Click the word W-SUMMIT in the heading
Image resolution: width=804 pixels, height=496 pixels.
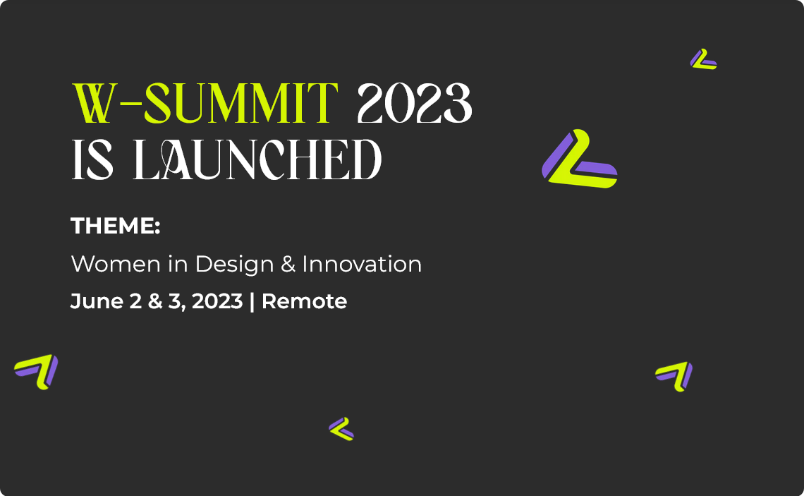point(205,104)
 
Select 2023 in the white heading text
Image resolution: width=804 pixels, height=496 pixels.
point(414,104)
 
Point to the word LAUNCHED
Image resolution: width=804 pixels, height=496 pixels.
point(257,159)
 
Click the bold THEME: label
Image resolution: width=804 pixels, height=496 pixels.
point(116,226)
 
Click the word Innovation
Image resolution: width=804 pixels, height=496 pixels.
point(362,265)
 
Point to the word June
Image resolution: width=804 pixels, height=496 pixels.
point(94,301)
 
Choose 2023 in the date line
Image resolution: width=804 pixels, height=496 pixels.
point(217,301)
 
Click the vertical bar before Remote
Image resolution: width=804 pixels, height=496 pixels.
point(252,301)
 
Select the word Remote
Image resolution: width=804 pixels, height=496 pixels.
point(304,301)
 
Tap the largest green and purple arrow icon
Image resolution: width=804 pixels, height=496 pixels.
point(579,161)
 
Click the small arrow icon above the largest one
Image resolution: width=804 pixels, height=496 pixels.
point(702,59)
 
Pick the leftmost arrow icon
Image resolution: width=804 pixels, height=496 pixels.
point(37,371)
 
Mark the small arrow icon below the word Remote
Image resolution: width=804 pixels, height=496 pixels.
point(341,428)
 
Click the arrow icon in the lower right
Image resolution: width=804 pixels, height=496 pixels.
point(674,375)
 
